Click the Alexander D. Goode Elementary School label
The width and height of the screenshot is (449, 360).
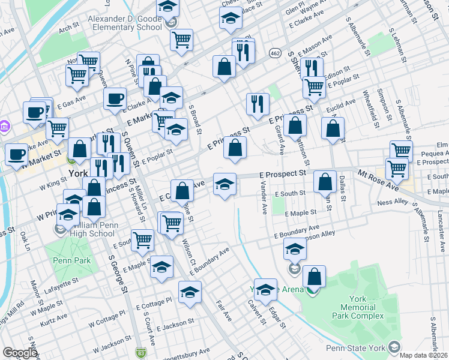[126, 23]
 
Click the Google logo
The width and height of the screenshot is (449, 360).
[20, 353]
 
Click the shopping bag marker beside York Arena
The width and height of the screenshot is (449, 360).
[314, 277]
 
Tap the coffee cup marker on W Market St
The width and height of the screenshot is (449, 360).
[16, 154]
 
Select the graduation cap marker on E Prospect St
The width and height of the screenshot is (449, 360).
[224, 184]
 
